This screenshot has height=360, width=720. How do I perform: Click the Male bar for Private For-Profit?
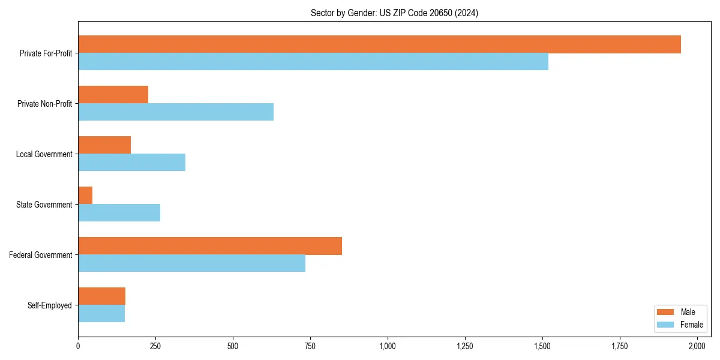(379, 44)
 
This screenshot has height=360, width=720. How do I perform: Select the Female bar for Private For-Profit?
(313, 62)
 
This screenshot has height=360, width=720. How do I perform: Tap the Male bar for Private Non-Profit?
(113, 95)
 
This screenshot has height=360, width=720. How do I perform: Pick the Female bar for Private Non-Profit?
(176, 112)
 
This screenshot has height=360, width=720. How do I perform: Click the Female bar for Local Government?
(131, 163)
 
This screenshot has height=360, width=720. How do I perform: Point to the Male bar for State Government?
(85, 196)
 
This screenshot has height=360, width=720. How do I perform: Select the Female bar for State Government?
(119, 213)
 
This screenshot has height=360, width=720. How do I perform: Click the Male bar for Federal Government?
(210, 246)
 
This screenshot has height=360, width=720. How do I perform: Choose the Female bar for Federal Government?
(191, 263)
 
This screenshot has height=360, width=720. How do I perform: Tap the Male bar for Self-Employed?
(101, 296)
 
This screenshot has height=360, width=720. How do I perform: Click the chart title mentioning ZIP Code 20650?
(394, 13)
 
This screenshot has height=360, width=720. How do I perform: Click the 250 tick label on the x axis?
(155, 346)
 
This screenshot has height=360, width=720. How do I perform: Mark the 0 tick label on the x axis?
(78, 346)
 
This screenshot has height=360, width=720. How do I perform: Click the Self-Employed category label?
(50, 305)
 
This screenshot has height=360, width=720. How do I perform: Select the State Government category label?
(44, 205)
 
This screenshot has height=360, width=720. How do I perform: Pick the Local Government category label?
(44, 154)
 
